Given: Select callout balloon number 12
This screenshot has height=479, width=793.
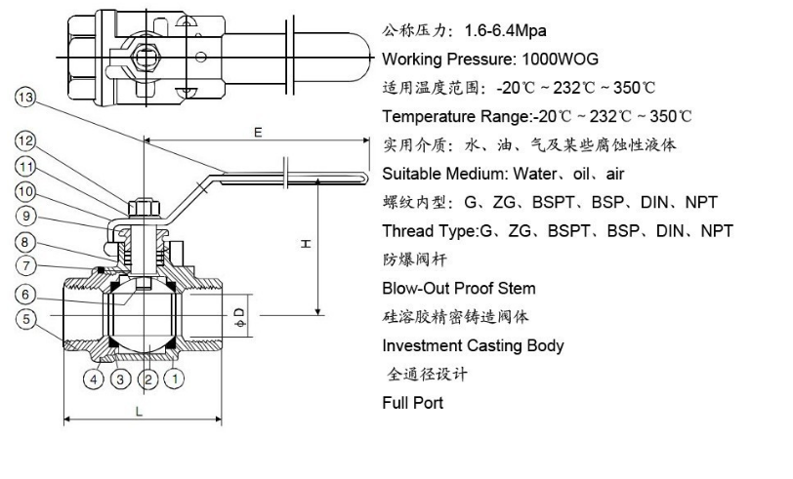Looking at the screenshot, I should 25,142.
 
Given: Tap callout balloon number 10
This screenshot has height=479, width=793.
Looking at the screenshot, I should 25,191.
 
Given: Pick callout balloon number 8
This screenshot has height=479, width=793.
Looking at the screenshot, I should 25,241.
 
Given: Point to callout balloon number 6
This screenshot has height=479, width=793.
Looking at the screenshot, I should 25,293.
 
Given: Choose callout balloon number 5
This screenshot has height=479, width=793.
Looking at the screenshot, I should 25,317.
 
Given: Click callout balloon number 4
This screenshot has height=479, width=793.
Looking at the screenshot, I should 95,377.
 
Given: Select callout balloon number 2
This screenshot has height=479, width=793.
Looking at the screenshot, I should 147,377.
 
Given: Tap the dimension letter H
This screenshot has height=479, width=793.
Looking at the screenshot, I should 305,243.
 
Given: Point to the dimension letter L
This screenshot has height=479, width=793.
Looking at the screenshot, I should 140,411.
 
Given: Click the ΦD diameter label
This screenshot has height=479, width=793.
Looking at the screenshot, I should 240,314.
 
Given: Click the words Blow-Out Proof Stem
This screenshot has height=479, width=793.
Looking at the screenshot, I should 458,289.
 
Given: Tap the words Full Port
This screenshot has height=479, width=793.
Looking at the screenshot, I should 412,402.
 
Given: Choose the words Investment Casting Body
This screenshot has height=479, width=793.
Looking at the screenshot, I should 473,345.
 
